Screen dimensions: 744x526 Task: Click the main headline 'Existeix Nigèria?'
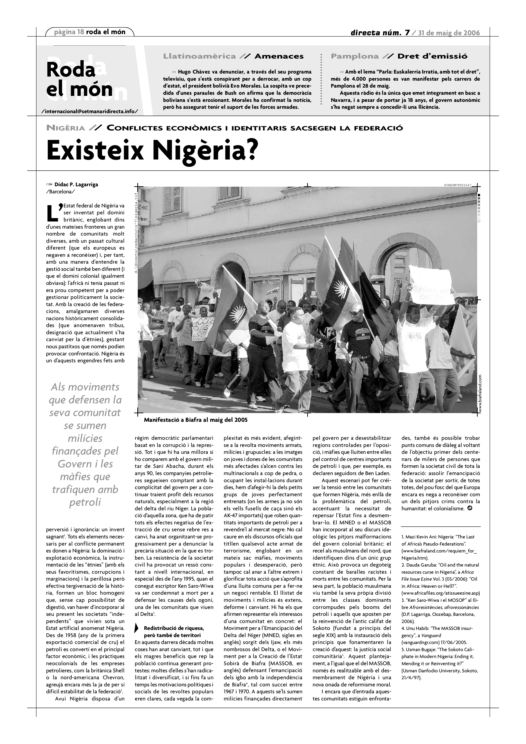pyautogui.click(x=152, y=151)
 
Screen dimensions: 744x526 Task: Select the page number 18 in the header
pyautogui.click(x=81, y=32)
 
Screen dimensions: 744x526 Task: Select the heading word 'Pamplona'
pyautogui.click(x=354, y=56)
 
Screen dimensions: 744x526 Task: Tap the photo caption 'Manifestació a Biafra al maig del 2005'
pyautogui.click(x=196, y=420)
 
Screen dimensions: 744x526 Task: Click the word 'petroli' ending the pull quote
pyautogui.click(x=85, y=502)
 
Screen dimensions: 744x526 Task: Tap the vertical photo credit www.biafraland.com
pyautogui.click(x=480, y=393)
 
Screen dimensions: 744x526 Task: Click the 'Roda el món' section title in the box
pyautogui.click(x=79, y=79)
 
